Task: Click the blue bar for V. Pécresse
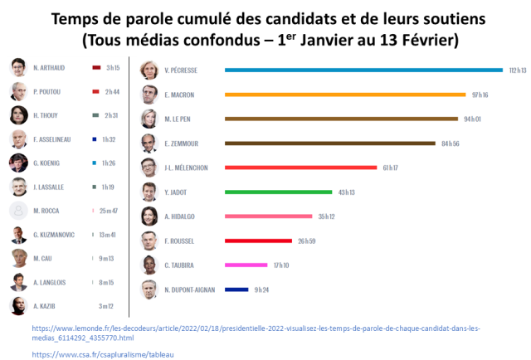(363, 70)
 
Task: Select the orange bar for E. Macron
(346, 95)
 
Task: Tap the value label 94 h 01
(473, 119)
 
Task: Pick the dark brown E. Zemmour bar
(330, 144)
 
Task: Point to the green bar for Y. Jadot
(278, 192)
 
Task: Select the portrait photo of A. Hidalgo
(149, 216)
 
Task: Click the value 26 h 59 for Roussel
(307, 241)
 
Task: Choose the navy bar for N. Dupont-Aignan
(236, 289)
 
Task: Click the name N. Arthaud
(50, 67)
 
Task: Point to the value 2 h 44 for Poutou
(112, 91)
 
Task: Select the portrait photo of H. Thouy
(18, 115)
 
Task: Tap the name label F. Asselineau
(53, 139)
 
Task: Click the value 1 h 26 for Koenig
(110, 163)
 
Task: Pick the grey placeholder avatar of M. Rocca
(18, 211)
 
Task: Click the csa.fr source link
(104, 354)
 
